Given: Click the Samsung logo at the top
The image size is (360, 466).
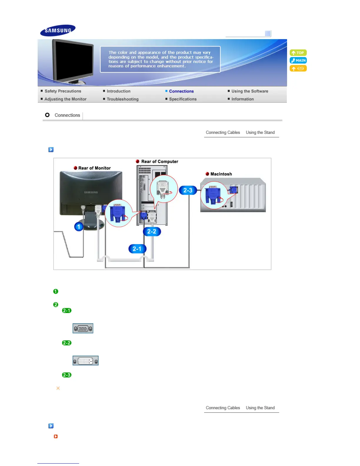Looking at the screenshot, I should (58, 30).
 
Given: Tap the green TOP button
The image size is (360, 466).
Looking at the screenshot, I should (298, 53).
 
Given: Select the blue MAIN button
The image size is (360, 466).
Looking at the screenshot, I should (298, 60).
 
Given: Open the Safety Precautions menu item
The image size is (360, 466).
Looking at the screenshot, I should (63, 91).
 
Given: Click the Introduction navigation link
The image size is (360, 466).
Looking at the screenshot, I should (118, 91).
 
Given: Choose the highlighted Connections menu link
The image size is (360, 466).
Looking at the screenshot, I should (181, 91).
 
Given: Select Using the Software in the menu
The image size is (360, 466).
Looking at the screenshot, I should (249, 91).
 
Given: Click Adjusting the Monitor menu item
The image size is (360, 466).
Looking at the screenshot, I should (65, 99).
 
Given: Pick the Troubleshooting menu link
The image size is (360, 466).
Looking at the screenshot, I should (122, 99).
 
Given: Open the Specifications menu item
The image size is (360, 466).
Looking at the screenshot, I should (183, 99).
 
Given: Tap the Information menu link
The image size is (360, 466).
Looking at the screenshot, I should (242, 99).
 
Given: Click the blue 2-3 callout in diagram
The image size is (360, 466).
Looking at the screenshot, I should (188, 190).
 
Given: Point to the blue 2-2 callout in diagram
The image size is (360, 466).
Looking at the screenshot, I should (152, 232).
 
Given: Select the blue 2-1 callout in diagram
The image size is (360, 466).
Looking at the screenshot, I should (137, 249).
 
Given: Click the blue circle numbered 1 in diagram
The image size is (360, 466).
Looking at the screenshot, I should (79, 227).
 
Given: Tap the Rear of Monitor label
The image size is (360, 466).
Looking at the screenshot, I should (94, 168).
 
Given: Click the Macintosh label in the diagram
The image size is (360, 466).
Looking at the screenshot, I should (221, 174).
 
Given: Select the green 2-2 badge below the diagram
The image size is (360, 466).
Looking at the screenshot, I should (67, 343).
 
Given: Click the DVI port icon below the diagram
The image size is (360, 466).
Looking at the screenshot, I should (86, 361).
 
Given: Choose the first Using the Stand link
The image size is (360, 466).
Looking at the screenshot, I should (260, 132).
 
